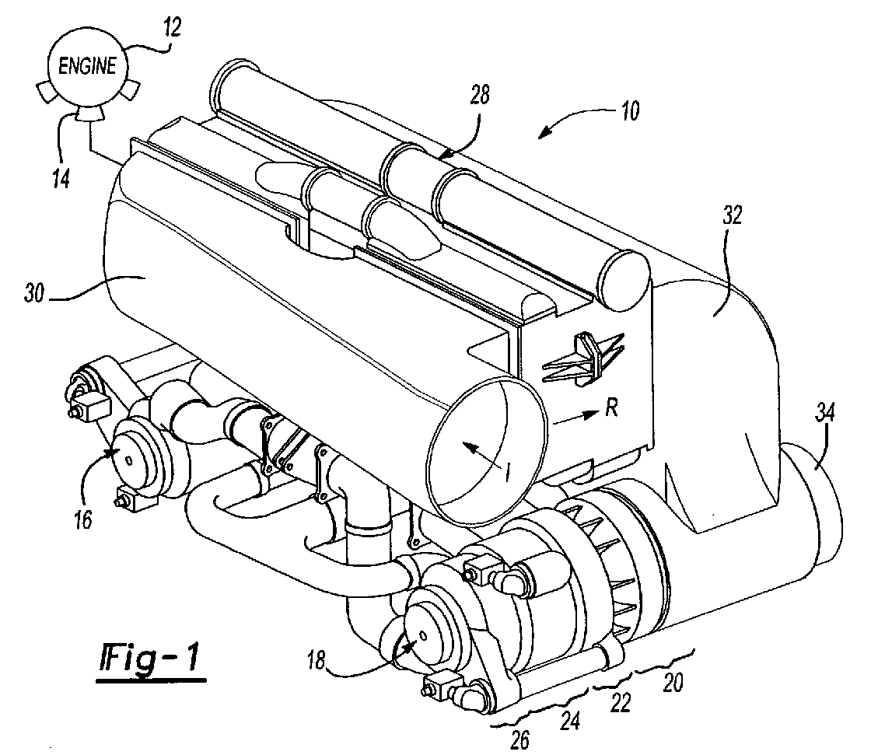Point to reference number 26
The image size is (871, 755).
pos(521,740)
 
